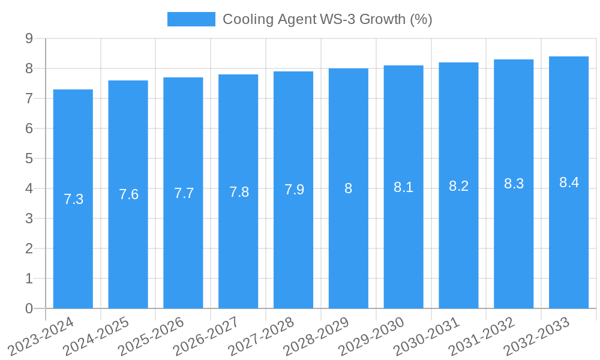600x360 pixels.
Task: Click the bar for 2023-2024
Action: point(73,252)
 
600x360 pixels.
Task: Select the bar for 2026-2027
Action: point(238,252)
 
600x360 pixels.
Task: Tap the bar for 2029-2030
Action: point(403,252)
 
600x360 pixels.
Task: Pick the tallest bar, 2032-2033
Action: point(569,252)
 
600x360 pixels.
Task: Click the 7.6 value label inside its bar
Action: point(128,194)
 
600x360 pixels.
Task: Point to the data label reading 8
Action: point(349,188)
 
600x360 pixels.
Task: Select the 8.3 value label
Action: point(514,184)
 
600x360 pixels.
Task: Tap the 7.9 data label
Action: point(293,190)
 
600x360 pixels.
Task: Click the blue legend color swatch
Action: point(191,19)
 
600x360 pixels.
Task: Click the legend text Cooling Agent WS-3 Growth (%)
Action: point(327,19)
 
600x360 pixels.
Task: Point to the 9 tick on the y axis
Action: point(29,38)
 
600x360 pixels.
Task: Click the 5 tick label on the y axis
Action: point(29,158)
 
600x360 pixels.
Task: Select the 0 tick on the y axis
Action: point(29,308)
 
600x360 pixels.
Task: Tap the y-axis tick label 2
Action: point(29,248)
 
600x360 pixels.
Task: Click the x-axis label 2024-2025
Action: point(96,337)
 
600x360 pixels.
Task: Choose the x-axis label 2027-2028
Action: point(262,337)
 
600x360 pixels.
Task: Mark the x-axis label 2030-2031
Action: point(427,337)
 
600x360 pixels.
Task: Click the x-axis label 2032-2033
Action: point(537,337)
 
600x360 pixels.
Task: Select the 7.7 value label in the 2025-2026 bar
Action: point(184,193)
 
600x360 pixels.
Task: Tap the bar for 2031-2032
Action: point(514,252)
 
